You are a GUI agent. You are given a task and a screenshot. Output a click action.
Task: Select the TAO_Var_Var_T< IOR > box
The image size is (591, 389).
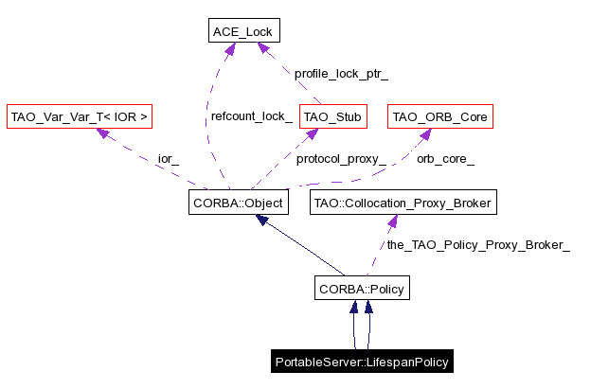80,117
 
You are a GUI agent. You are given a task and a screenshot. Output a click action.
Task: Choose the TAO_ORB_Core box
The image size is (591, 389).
440,117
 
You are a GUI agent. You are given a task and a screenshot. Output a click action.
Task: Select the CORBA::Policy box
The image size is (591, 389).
363,288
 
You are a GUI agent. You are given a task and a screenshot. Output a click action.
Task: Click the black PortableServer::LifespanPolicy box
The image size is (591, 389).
361,362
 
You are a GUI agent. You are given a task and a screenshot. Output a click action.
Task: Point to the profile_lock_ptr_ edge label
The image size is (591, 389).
341,73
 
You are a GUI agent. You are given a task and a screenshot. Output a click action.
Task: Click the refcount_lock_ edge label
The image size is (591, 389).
251,116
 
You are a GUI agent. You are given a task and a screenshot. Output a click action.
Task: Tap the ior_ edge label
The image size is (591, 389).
168,159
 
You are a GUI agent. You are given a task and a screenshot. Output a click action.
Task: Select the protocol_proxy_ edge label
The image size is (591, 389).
340,159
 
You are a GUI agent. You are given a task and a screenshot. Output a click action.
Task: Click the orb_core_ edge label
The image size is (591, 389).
445,159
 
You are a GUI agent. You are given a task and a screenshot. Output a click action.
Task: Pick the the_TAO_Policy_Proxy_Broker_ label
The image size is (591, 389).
477,245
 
